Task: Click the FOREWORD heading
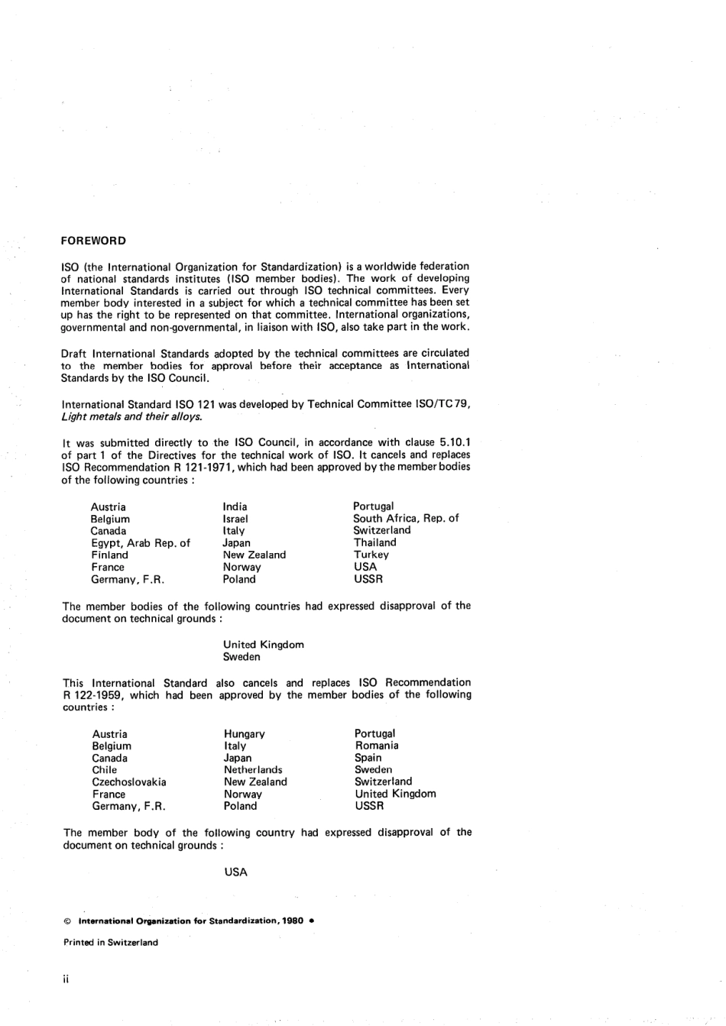(x=93, y=241)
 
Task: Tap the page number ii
(x=66, y=979)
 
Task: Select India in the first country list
(x=235, y=507)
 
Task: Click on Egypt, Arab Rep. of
(x=140, y=543)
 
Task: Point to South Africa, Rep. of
(x=406, y=518)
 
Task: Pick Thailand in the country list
(x=374, y=542)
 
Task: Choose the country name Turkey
(x=371, y=555)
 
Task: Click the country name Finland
(x=109, y=555)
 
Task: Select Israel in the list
(x=235, y=519)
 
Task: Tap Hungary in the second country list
(x=244, y=734)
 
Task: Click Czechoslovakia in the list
(x=128, y=782)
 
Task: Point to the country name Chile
(x=105, y=770)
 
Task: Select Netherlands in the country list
(x=253, y=770)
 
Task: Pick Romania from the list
(x=376, y=746)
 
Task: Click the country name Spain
(x=368, y=758)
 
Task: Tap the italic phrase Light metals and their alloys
(x=131, y=416)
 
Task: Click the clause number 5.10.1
(x=450, y=442)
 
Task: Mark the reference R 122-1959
(x=93, y=695)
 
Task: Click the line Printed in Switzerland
(x=111, y=943)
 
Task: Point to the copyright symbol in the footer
(x=67, y=921)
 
